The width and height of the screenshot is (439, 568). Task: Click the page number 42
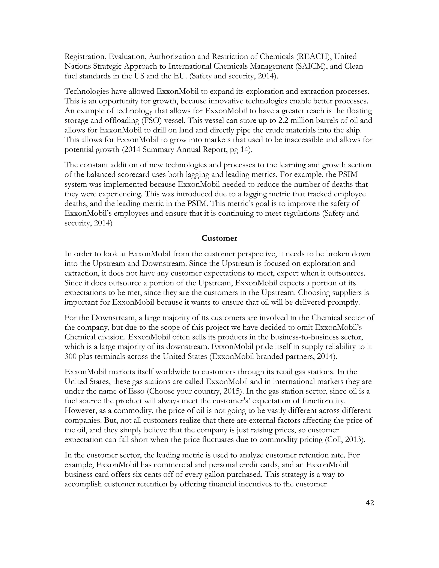pos(370,510)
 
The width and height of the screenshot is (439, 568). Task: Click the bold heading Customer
pos(219,238)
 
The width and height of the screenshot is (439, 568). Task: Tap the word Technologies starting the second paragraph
pos(87,91)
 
